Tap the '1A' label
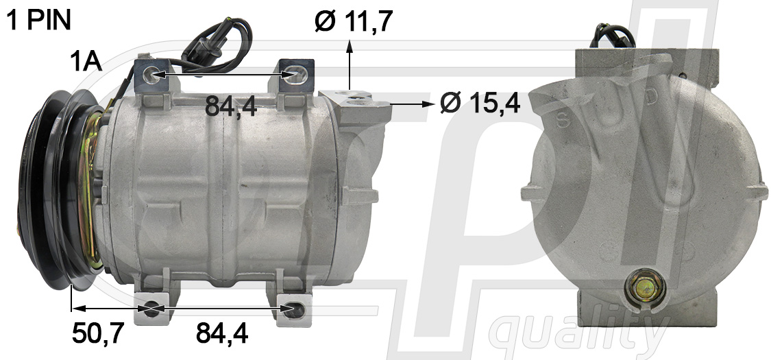pos(86,62)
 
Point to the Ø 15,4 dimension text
pos(480,104)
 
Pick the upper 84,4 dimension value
pos(231,106)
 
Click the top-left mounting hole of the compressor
pos(152,74)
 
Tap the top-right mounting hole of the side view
pos(294,74)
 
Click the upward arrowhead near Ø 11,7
pos(350,46)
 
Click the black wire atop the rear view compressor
pos(610,31)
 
